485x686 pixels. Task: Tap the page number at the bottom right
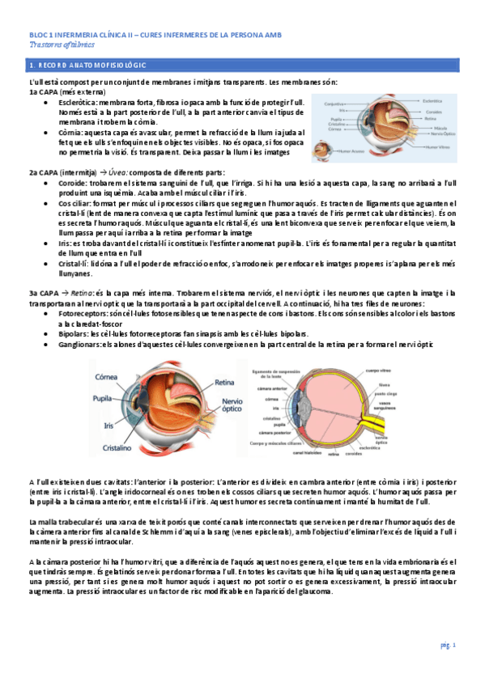pos(449,645)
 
